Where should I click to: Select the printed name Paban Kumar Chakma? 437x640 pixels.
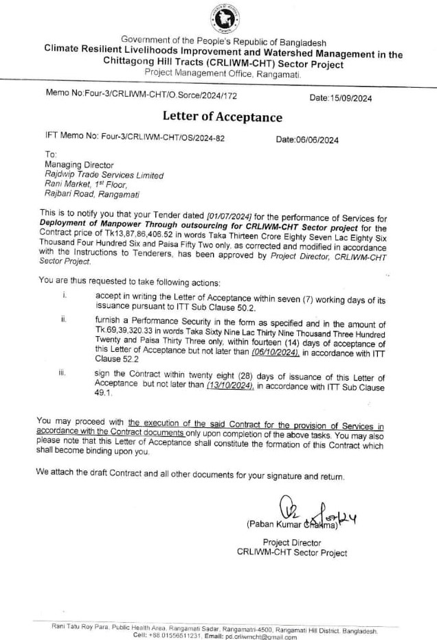(x=292, y=525)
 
